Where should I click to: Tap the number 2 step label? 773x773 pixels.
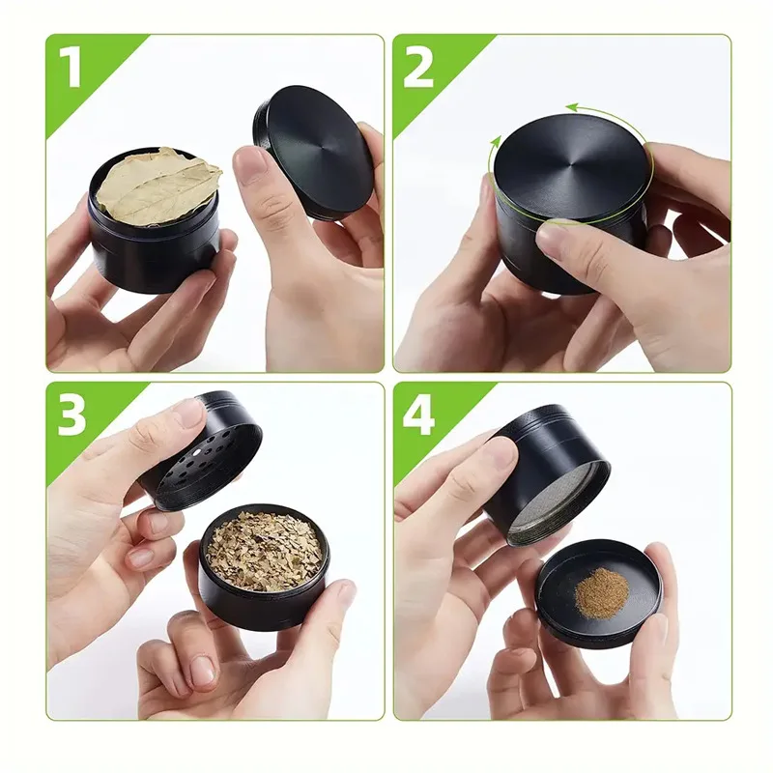point(418,68)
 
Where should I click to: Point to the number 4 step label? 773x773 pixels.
point(418,416)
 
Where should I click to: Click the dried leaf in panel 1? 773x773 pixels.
point(157,186)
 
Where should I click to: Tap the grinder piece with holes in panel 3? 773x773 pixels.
point(208,454)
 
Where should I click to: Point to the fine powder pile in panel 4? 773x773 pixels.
point(600,592)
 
